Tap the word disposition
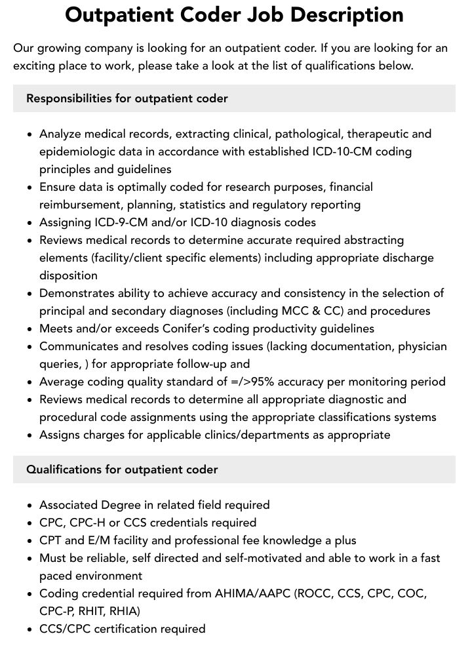tap(68, 275)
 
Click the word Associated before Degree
tap(68, 505)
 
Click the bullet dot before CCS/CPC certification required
tap(30, 629)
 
